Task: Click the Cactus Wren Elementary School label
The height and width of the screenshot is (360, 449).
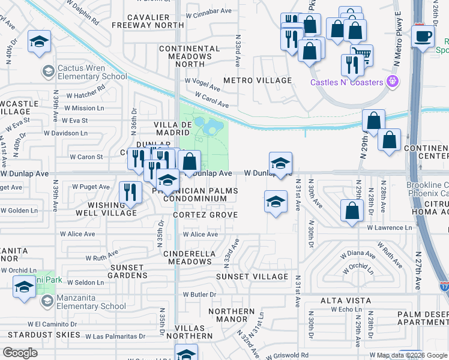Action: [x=91, y=72]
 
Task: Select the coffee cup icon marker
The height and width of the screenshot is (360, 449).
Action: [x=423, y=37]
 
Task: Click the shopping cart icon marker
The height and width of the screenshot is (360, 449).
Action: [x=361, y=55]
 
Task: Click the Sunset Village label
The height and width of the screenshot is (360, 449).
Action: [x=252, y=277]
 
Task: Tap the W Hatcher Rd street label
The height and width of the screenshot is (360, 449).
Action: [x=85, y=95]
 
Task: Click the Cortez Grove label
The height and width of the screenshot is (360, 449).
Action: [x=205, y=215]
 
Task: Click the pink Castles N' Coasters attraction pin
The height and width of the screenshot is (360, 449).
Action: [x=394, y=80]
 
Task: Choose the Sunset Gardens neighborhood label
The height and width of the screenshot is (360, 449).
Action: [x=127, y=271]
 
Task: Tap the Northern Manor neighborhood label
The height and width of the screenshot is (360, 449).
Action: [x=231, y=316]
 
